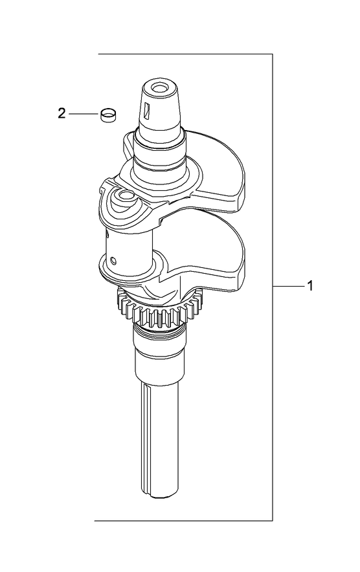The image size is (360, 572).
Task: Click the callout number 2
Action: pos(62,114)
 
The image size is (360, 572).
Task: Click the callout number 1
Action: pos(310,285)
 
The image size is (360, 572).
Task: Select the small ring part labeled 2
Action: pos(109,115)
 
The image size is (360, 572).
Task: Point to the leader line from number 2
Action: pos(83,114)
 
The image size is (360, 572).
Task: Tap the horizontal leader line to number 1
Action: pos(287,285)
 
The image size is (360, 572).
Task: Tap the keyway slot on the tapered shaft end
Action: pos(148,111)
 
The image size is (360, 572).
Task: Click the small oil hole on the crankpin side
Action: pos(114,261)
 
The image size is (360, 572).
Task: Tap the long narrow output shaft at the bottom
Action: pos(159,440)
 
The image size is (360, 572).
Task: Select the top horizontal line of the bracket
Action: pos(185,54)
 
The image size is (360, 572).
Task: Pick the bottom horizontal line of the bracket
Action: pos(185,520)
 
